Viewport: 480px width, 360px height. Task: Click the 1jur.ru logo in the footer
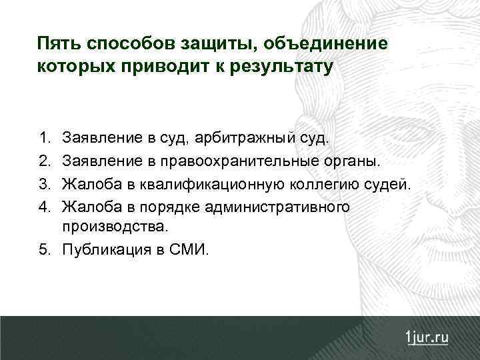[x=427, y=337]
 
